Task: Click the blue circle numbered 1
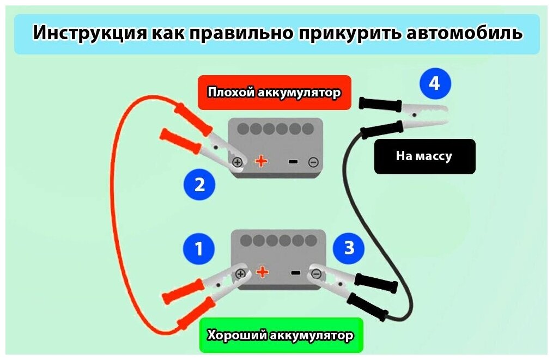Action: pyautogui.click(x=198, y=249)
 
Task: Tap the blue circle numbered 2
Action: pyautogui.click(x=199, y=185)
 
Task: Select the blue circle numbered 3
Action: pyautogui.click(x=349, y=248)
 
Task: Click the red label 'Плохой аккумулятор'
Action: pyautogui.click(x=274, y=93)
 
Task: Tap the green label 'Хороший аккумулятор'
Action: pyautogui.click(x=281, y=335)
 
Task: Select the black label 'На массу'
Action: pyautogui.click(x=424, y=156)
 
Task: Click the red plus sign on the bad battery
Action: pyautogui.click(x=262, y=161)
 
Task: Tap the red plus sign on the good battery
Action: pyautogui.click(x=263, y=272)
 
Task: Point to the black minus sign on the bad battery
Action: pyautogui.click(x=293, y=161)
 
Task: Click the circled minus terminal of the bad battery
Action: pyautogui.click(x=313, y=162)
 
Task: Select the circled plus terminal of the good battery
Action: pyautogui.click(x=240, y=273)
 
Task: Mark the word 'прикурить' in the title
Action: pyautogui.click(x=351, y=33)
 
